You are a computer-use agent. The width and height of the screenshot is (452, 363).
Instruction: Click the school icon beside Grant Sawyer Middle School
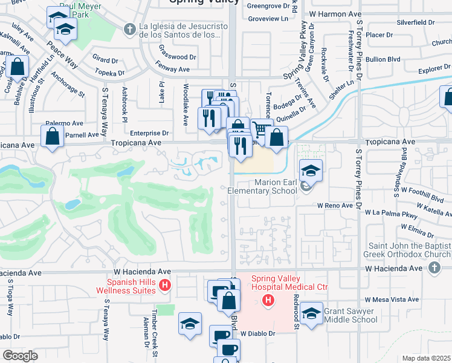tap(311, 314)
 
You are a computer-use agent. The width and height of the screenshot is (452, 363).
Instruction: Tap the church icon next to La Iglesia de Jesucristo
tap(129, 29)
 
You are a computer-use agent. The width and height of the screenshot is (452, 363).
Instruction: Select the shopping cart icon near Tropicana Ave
tap(261, 129)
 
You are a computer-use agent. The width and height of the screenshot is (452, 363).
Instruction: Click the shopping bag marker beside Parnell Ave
tap(53, 137)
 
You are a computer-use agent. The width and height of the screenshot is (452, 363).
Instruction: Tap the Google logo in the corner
tap(20, 356)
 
